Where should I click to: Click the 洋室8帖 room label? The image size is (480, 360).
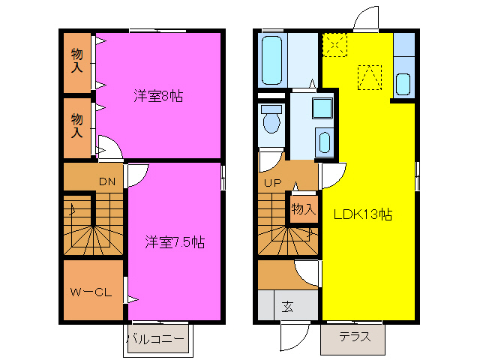click(159, 96)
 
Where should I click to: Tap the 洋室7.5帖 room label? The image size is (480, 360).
click(175, 242)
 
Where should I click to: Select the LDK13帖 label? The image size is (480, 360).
click(363, 214)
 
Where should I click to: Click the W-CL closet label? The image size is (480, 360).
click(91, 292)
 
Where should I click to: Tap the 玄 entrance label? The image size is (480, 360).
click(288, 305)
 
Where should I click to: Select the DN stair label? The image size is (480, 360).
click(107, 181)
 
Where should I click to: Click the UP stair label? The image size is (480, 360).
click(271, 182)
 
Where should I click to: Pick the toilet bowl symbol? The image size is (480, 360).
click(271, 118)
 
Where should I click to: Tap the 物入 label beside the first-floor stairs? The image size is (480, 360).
click(303, 209)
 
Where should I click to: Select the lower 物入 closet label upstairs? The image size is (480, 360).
click(76, 125)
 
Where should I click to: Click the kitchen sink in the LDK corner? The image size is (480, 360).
click(402, 83)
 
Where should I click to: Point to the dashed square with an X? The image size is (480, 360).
click(335, 44)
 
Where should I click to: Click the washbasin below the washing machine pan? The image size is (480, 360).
click(325, 142)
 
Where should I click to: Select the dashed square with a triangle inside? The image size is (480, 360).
click(369, 77)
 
